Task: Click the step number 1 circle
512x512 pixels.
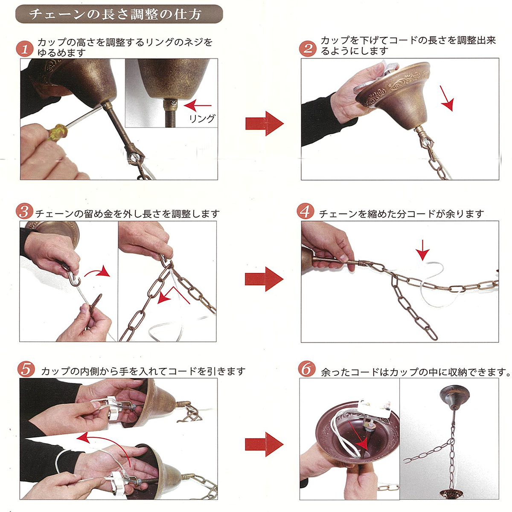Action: tap(25, 49)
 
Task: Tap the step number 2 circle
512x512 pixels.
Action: tap(308, 48)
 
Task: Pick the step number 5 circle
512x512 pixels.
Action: tap(26, 369)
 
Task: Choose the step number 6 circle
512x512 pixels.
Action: tap(307, 369)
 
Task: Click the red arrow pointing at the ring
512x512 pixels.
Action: tap(198, 105)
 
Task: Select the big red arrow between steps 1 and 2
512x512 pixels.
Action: tap(265, 124)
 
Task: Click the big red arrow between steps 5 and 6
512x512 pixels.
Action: tap(265, 444)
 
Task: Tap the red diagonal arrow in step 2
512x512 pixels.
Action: tap(447, 98)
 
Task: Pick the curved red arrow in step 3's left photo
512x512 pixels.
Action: tap(98, 272)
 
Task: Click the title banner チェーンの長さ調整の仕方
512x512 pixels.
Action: tap(119, 14)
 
